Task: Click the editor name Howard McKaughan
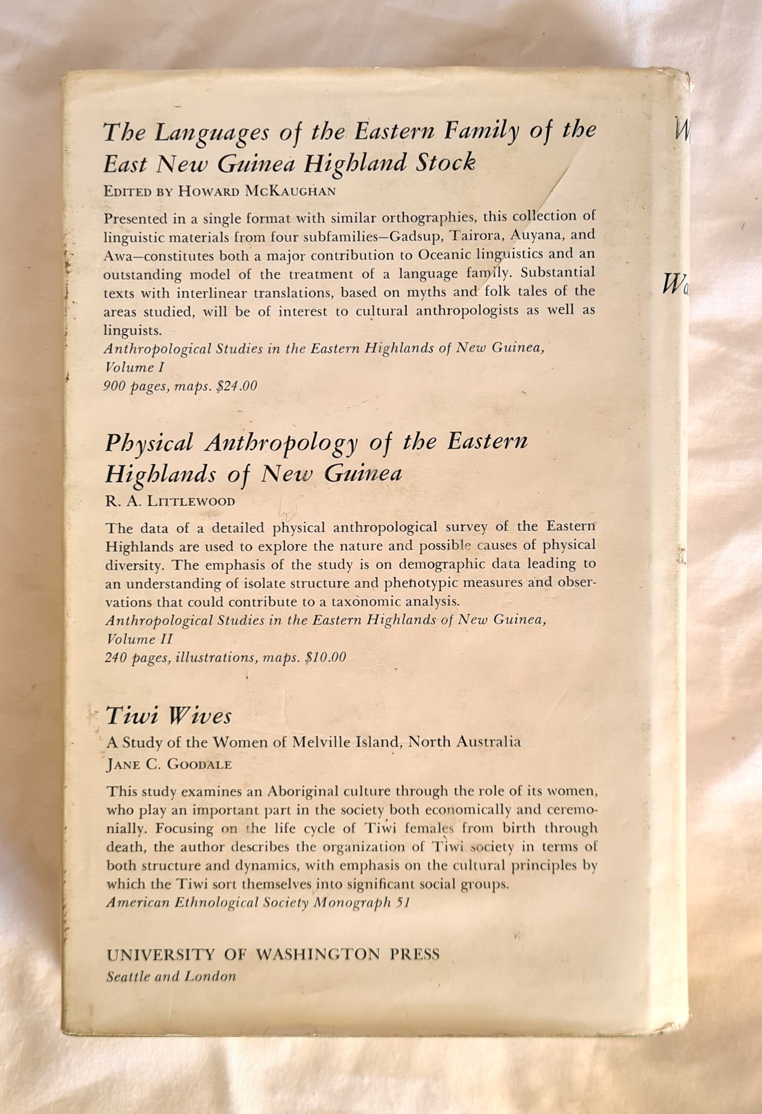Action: (x=257, y=191)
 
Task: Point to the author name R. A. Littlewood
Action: (x=170, y=501)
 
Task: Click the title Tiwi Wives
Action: (x=169, y=716)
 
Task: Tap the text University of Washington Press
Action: (x=273, y=954)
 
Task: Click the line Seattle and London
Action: (x=171, y=976)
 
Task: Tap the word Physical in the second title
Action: (x=149, y=443)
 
